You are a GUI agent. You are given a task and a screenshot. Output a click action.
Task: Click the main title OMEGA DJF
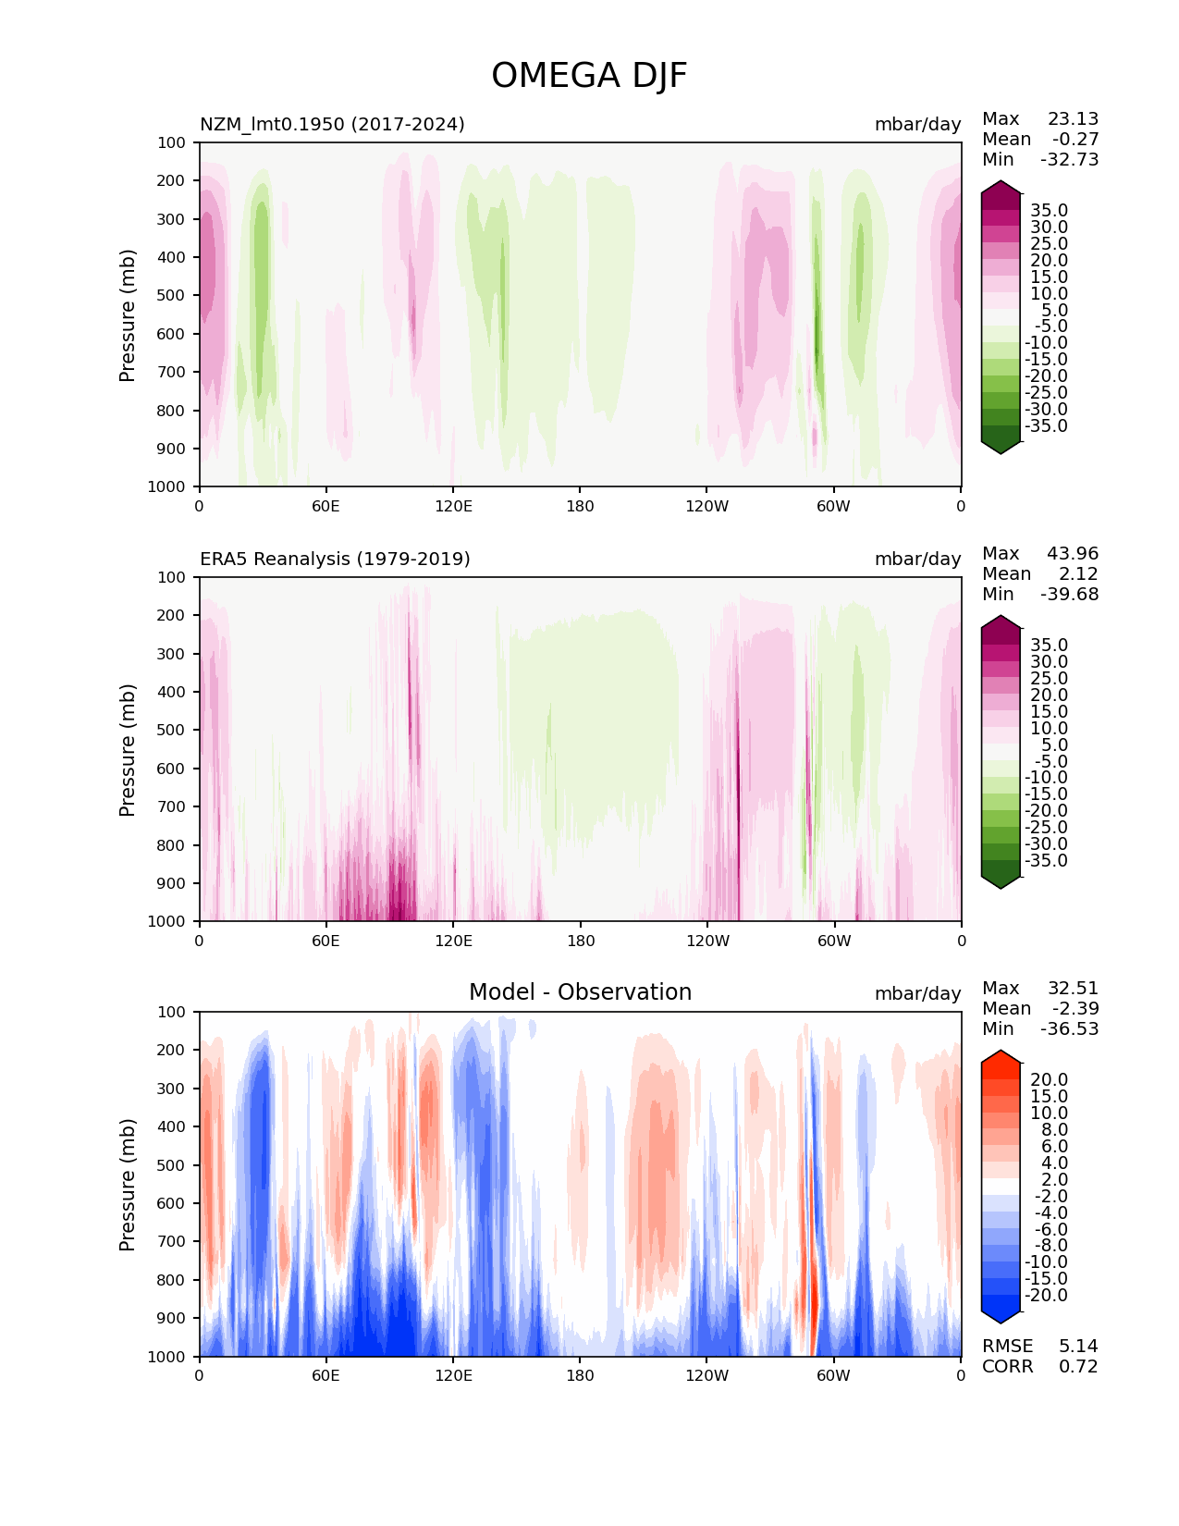pyautogui.click(x=589, y=76)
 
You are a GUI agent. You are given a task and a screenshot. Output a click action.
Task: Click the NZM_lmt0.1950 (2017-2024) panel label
pyautogui.click(x=332, y=124)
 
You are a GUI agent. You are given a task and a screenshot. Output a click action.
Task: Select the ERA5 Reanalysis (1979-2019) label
pyautogui.click(x=335, y=559)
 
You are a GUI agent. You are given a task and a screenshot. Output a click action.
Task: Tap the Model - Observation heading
pyautogui.click(x=580, y=992)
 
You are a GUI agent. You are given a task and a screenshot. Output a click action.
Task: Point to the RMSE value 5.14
pyautogui.click(x=1078, y=1346)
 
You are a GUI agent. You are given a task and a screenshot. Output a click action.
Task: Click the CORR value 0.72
pyautogui.click(x=1078, y=1366)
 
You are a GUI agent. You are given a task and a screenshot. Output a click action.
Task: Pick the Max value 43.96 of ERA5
pyautogui.click(x=1073, y=553)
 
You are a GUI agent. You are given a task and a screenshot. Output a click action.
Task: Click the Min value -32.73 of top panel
pyautogui.click(x=1069, y=159)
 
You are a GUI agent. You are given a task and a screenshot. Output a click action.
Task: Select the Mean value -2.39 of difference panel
pyautogui.click(x=1075, y=1008)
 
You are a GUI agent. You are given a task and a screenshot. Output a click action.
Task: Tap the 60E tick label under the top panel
pyautogui.click(x=325, y=506)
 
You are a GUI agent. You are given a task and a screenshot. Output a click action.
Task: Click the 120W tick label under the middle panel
pyautogui.click(x=707, y=941)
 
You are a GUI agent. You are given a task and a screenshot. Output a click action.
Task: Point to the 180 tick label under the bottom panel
pyautogui.click(x=580, y=1375)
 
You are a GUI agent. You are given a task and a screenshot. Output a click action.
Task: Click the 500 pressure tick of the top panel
pyautogui.click(x=173, y=295)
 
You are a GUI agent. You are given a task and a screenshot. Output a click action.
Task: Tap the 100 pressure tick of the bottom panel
pyautogui.click(x=173, y=1012)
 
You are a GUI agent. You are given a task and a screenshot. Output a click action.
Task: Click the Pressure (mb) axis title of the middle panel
pyautogui.click(x=128, y=749)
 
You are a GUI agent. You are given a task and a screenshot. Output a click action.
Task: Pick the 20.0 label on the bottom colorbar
pyautogui.click(x=1049, y=1079)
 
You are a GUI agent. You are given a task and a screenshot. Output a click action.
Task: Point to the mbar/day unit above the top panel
pyautogui.click(x=917, y=124)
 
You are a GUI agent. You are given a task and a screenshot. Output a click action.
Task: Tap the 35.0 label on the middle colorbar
pyautogui.click(x=1049, y=645)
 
